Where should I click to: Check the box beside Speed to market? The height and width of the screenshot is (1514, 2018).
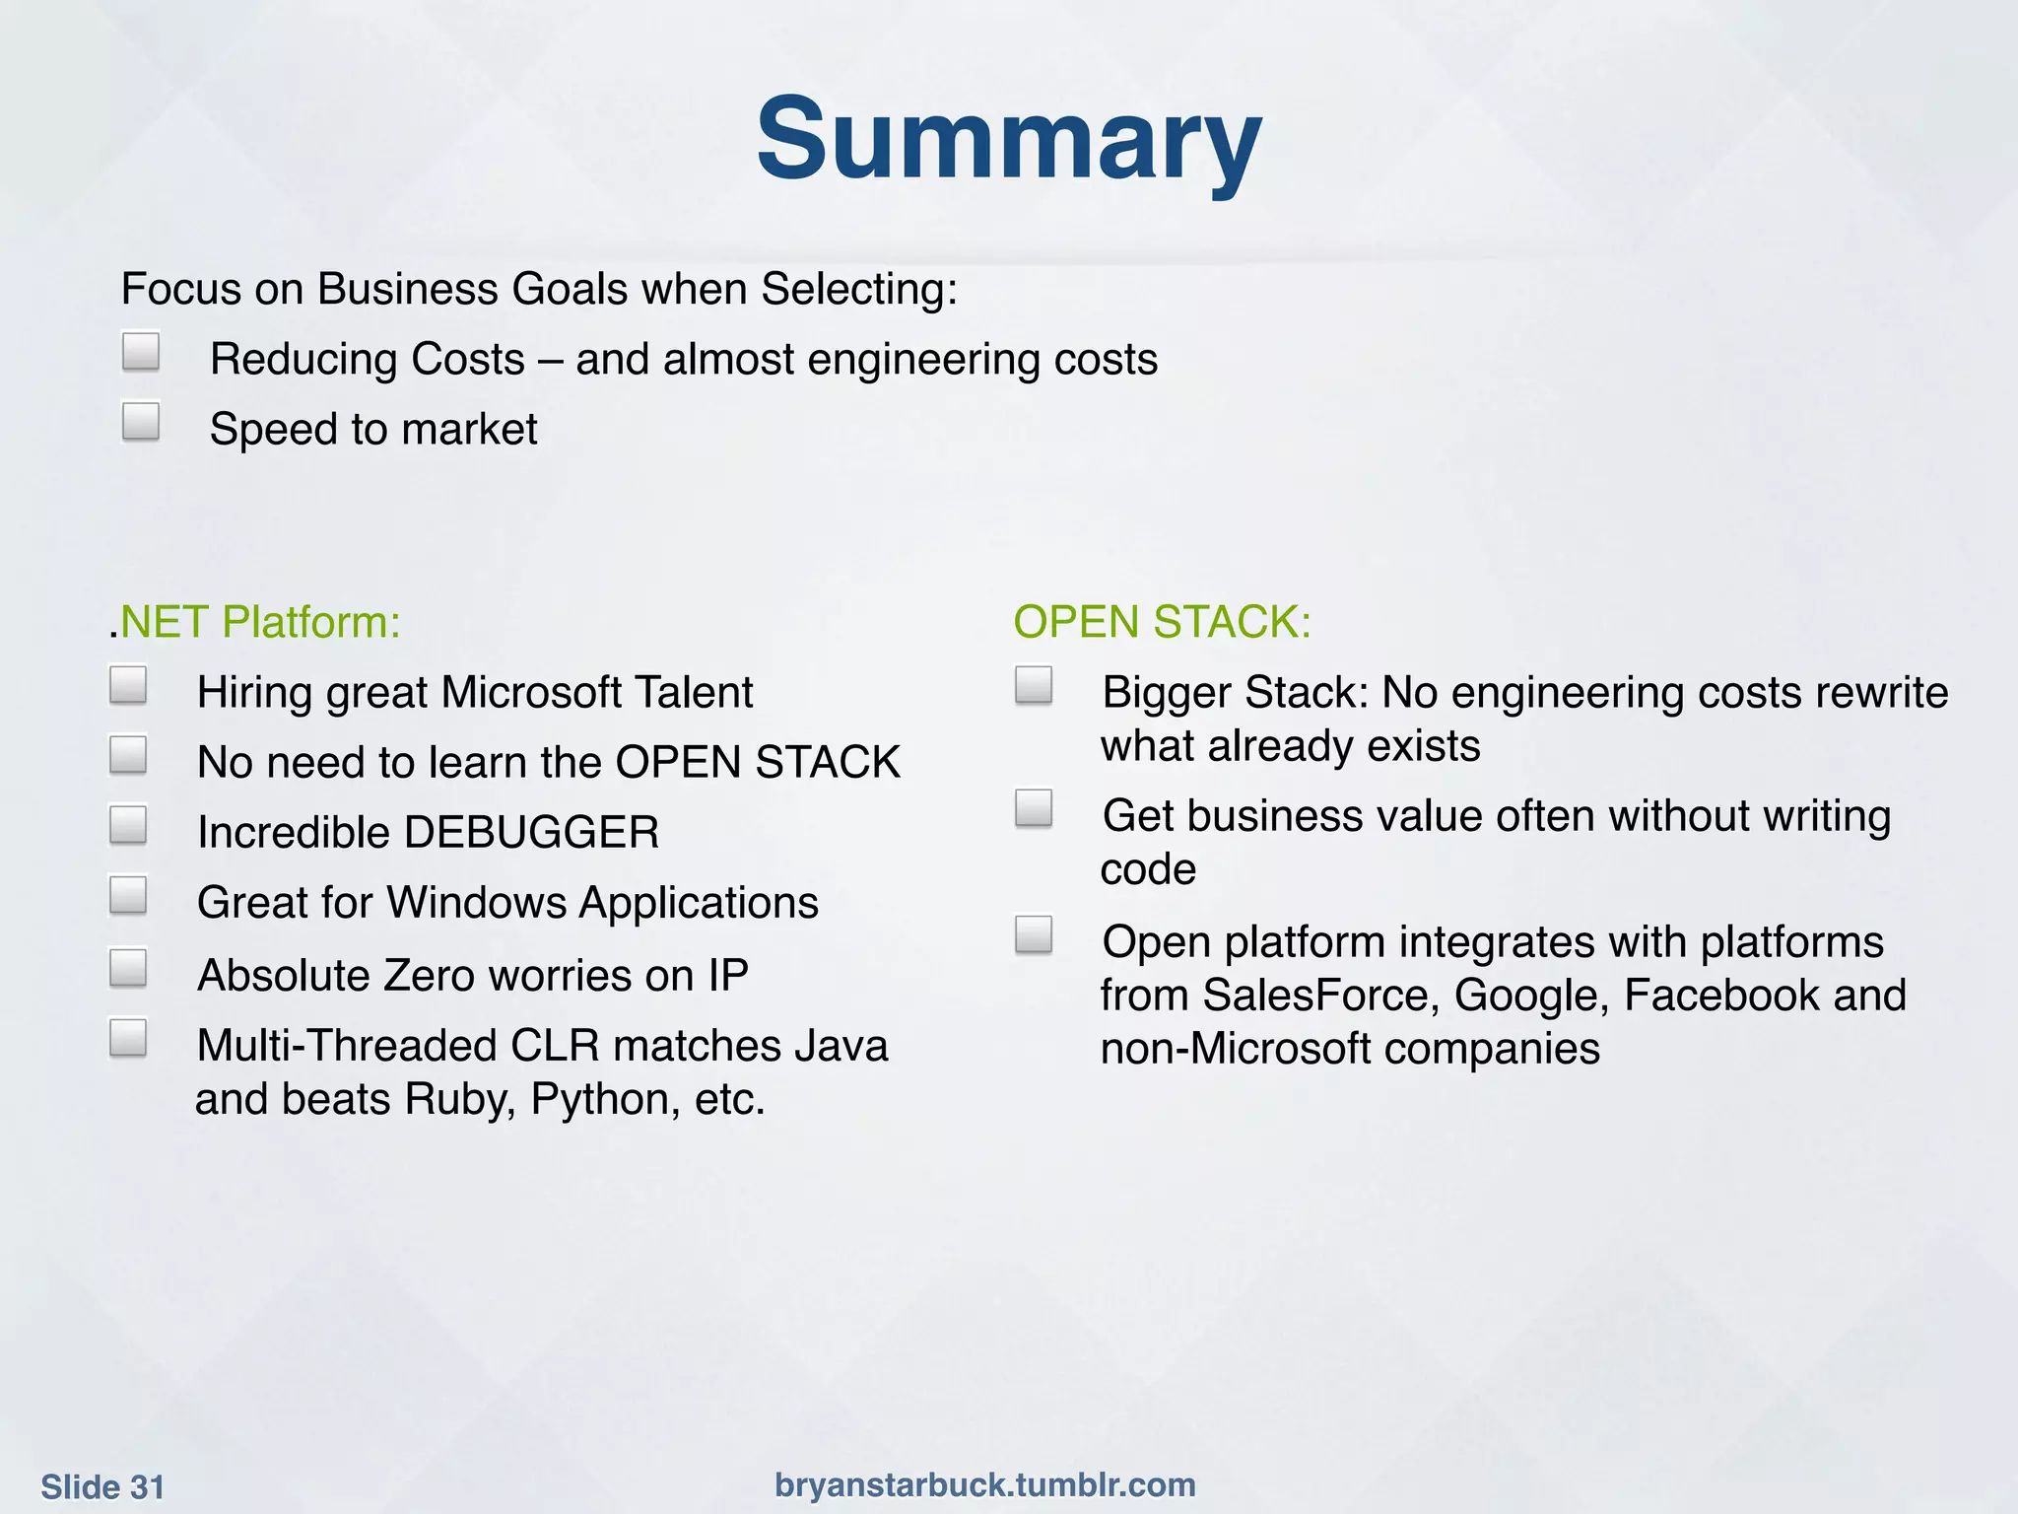(141, 421)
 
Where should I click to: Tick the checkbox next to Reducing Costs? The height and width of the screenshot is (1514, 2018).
(141, 351)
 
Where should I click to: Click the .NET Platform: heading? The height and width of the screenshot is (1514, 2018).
(255, 622)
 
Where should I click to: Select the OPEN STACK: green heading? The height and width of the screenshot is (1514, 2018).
(1162, 622)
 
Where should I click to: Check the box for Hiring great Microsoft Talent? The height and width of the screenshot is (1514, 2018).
(128, 685)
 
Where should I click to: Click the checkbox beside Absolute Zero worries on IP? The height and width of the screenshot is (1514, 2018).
(128, 967)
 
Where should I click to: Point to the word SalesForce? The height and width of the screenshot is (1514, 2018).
(1320, 996)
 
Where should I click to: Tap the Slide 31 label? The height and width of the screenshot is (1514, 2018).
(102, 1486)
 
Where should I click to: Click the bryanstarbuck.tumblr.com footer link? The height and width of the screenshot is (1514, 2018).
(984, 1484)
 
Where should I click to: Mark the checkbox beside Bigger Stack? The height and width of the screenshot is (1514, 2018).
(1034, 685)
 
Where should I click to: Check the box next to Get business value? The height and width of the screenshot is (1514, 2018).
(1034, 808)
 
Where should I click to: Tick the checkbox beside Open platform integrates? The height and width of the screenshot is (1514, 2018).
(1034, 934)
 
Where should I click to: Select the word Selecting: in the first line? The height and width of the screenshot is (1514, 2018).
(859, 290)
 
